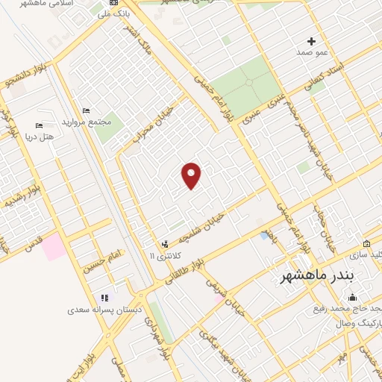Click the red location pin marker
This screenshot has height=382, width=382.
192,175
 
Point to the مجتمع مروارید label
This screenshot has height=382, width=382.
93,122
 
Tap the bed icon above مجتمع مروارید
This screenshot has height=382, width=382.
87,110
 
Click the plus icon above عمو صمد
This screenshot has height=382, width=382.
312,41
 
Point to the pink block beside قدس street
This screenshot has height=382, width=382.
54,247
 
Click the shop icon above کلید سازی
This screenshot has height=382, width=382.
366,244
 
